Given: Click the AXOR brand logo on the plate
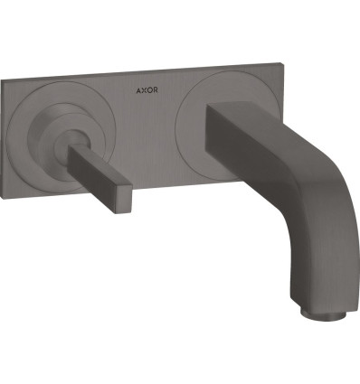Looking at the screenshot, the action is [x=147, y=90].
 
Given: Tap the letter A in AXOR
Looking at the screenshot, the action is [x=138, y=90].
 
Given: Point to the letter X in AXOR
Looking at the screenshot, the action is [x=144, y=90].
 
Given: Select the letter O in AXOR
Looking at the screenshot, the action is [x=149, y=90].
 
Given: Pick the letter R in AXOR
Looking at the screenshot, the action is [x=155, y=90].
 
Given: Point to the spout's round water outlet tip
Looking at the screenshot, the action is [x=324, y=315].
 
